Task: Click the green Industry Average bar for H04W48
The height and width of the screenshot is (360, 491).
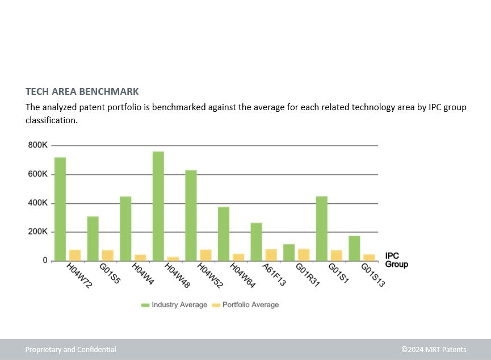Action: (x=158, y=206)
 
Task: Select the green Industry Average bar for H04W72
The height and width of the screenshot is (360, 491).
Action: (x=60, y=209)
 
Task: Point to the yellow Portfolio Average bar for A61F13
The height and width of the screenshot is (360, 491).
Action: (x=271, y=255)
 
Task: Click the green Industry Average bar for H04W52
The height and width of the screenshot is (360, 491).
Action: (x=191, y=215)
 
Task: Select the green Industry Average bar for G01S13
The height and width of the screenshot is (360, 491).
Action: (x=354, y=248)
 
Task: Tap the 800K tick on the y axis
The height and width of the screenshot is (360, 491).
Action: (x=37, y=145)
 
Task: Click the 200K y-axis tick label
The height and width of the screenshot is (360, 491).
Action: (x=37, y=232)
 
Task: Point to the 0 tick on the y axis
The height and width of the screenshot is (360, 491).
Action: (x=44, y=261)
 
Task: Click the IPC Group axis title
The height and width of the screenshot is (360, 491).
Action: (x=396, y=260)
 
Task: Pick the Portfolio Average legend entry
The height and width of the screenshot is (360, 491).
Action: (x=245, y=305)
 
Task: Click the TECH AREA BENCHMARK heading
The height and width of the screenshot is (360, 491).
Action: (x=82, y=91)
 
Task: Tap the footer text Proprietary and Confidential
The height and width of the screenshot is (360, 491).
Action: (x=70, y=350)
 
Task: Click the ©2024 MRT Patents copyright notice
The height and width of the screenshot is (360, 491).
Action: (x=433, y=350)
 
